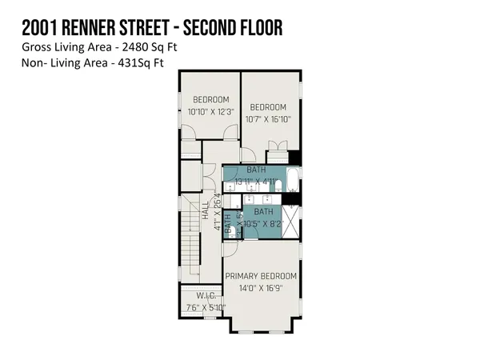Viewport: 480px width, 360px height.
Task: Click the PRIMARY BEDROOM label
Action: click(x=261, y=276)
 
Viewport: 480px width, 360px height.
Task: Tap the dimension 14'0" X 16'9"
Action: click(x=261, y=288)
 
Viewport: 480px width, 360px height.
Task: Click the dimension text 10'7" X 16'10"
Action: click(x=268, y=119)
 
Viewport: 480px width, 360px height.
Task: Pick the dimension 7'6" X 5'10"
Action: click(x=206, y=307)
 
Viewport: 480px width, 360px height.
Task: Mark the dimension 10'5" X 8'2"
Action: click(x=264, y=223)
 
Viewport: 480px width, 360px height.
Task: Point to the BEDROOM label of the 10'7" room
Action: click(x=268, y=107)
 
